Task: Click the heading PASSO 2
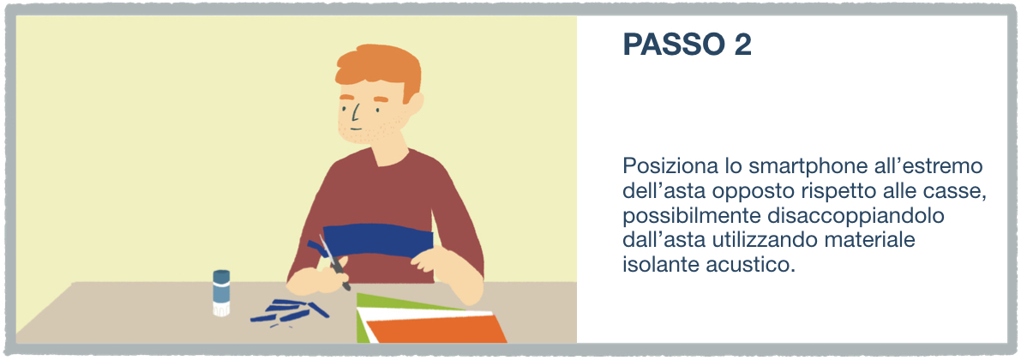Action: point(687,45)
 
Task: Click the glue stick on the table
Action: point(221,293)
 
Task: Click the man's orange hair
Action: point(380,72)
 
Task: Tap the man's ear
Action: point(415,105)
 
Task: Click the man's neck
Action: point(389,156)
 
